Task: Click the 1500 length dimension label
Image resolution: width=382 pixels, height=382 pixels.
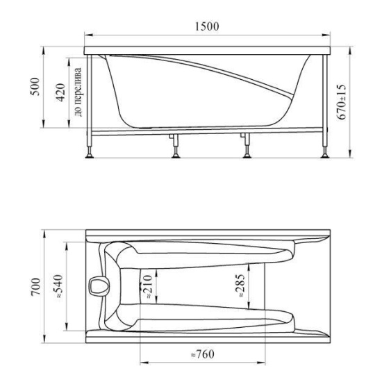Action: tap(207, 26)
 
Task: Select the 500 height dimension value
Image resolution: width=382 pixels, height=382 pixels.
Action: tap(35, 87)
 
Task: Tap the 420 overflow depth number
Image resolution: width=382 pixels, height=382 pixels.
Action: tap(60, 92)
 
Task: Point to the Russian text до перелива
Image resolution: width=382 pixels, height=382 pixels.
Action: tap(78, 92)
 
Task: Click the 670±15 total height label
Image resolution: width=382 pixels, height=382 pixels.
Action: tap(341, 102)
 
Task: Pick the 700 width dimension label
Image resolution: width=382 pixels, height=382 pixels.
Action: tap(36, 287)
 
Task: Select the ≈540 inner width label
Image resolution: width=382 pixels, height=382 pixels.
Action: tap(58, 286)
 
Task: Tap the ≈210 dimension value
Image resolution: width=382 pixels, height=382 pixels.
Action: tap(148, 286)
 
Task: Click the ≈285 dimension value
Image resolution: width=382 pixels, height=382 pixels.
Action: tap(240, 285)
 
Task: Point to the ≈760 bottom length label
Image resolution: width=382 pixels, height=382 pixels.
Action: tap(202, 354)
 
